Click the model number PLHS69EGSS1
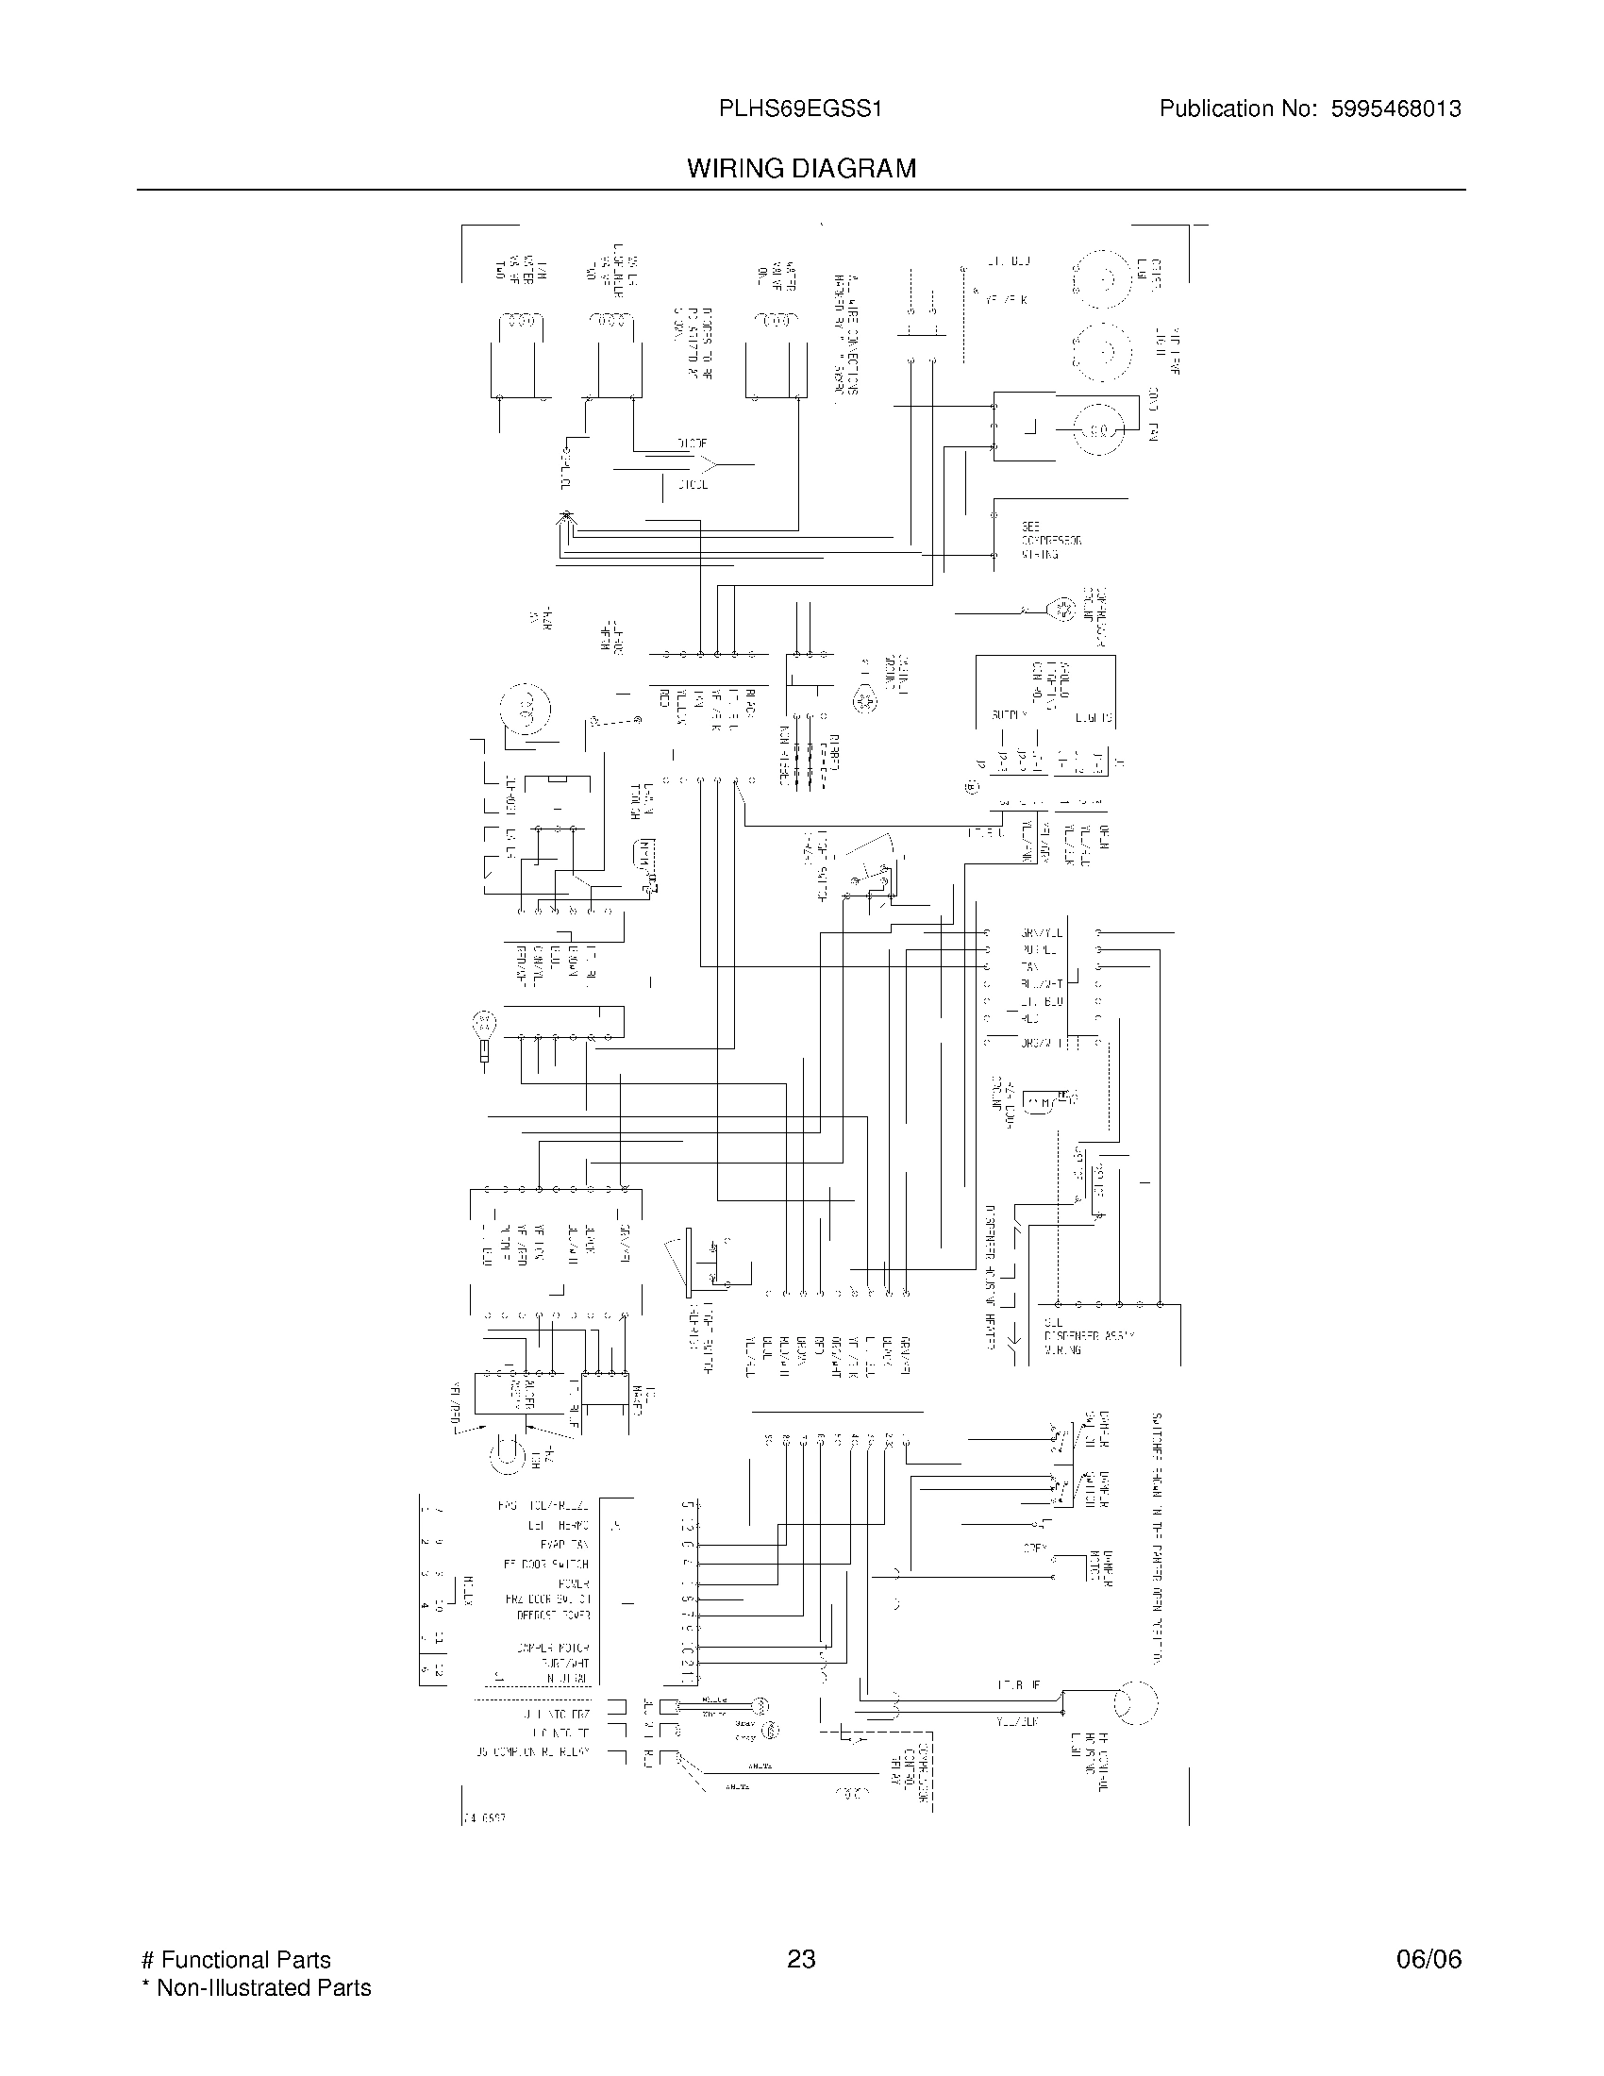point(801,109)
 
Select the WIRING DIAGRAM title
point(801,169)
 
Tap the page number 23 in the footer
point(801,1959)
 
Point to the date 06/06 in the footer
point(1429,1959)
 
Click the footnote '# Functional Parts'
point(236,1960)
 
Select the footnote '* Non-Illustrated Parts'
point(256,1987)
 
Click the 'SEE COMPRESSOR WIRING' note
point(1050,540)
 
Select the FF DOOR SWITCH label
point(546,1564)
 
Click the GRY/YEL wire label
point(1041,933)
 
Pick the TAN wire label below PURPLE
point(1029,967)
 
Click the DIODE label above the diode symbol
point(691,443)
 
